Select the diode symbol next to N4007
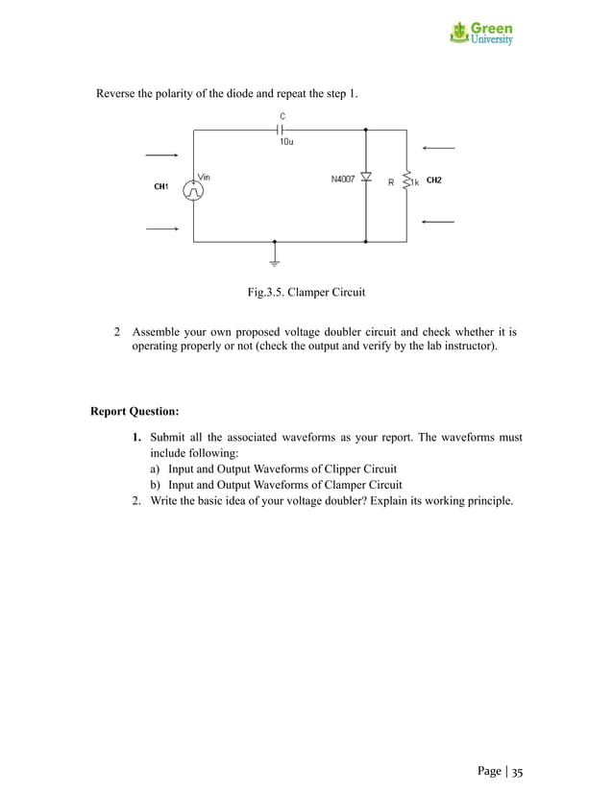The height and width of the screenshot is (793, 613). click(366, 179)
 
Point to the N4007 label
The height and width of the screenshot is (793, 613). click(343, 179)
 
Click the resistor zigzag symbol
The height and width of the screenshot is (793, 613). click(406, 180)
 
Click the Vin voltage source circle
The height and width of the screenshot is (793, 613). click(194, 190)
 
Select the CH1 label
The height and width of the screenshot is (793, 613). click(161, 186)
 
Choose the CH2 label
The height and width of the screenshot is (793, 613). click(433, 180)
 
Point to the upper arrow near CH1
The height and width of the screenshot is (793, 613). click(160, 155)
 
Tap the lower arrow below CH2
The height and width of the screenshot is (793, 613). click(437, 222)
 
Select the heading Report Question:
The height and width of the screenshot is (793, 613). click(135, 412)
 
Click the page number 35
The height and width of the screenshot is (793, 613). click(517, 771)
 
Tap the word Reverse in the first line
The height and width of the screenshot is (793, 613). click(118, 93)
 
